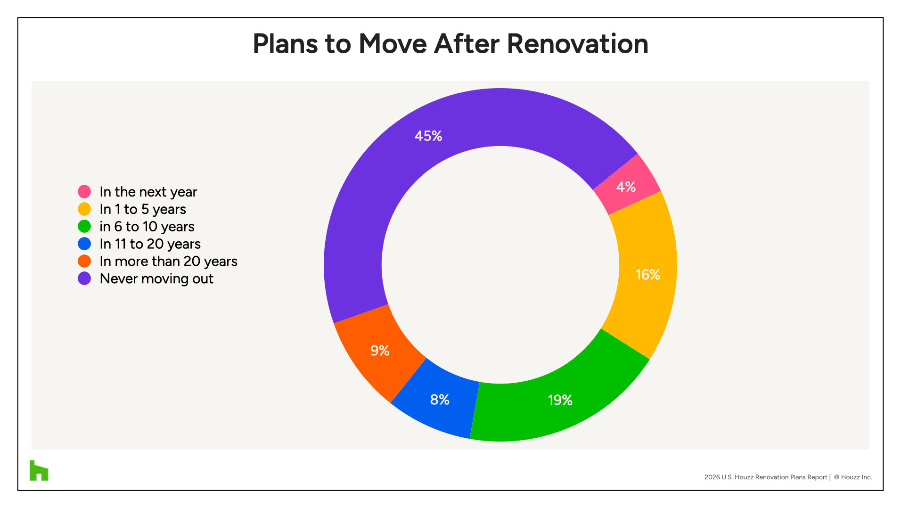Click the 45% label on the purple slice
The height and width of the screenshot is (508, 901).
click(428, 136)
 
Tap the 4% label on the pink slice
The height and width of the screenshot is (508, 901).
click(626, 187)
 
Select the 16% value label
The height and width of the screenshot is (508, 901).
click(647, 275)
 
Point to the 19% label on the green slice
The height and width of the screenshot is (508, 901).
click(560, 400)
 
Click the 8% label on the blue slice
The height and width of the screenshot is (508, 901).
click(440, 400)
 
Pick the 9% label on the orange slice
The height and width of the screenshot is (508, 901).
click(380, 351)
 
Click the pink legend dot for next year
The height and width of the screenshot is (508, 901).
click(84, 192)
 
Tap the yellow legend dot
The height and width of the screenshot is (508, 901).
click(84, 209)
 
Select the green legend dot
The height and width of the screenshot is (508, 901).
click(84, 227)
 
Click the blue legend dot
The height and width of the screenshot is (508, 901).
click(84, 244)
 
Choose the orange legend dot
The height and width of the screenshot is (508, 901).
click(84, 262)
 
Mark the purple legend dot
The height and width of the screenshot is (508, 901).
click(84, 279)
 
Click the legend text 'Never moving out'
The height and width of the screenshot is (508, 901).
click(156, 279)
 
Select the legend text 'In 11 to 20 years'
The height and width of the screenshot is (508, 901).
click(150, 244)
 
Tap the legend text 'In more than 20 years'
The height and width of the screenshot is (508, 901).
click(168, 262)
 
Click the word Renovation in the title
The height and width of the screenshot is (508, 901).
click(577, 44)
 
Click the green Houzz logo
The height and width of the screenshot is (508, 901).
click(39, 470)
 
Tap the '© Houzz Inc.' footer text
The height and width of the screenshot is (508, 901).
click(853, 477)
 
